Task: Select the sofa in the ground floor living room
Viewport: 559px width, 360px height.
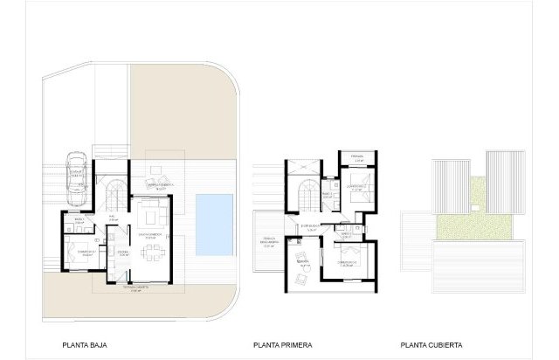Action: click(x=154, y=214)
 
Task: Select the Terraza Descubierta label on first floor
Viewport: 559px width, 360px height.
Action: click(x=267, y=244)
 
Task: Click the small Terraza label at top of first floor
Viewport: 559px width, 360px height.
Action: click(x=356, y=158)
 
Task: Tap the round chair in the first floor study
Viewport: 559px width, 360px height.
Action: click(x=302, y=279)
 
